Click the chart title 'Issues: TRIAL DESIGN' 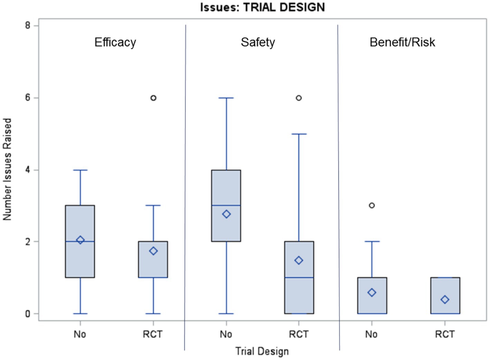coord(262,7)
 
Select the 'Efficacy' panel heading coord(115,42)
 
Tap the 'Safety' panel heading coord(258,42)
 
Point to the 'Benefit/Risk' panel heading coord(402,42)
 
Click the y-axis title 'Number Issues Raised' coord(7,169)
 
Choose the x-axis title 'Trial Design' coord(262,351)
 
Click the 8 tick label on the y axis coord(28,26)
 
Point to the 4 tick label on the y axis coord(28,170)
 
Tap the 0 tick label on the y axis coord(28,314)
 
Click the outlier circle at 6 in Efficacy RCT coord(153,98)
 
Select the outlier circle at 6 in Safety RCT coord(299,98)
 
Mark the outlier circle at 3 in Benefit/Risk coord(372,206)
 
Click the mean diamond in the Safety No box coord(226,214)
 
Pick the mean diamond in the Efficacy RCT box coord(153,251)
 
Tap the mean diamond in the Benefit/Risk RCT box coord(445,300)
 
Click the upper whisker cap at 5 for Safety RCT coord(299,134)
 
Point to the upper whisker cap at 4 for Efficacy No coord(80,170)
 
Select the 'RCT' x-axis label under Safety coord(299,334)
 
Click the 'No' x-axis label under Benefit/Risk coord(371,334)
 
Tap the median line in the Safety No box coord(226,206)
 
